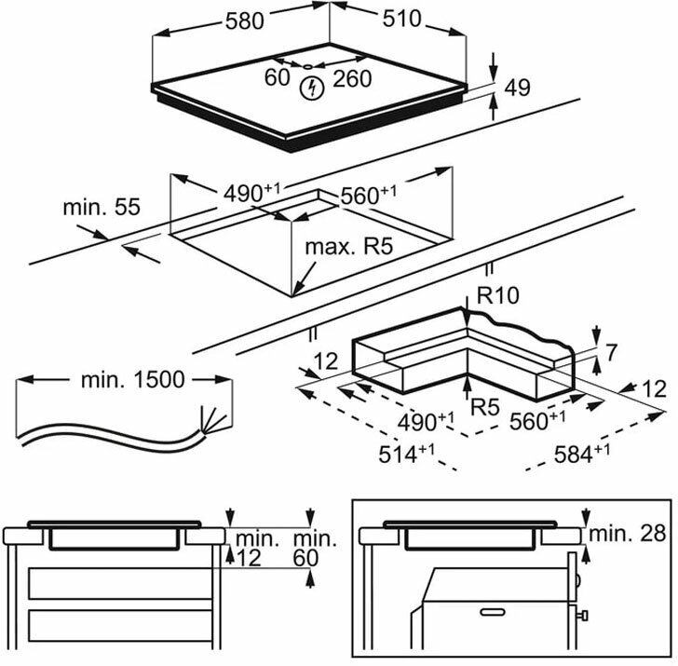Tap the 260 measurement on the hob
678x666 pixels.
click(x=352, y=78)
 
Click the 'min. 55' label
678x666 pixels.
click(x=102, y=207)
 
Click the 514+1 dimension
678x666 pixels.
click(x=406, y=454)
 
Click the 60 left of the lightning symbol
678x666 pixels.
click(x=278, y=78)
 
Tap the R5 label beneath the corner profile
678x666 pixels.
click(x=485, y=406)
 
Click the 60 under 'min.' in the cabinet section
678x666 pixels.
click(x=305, y=558)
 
